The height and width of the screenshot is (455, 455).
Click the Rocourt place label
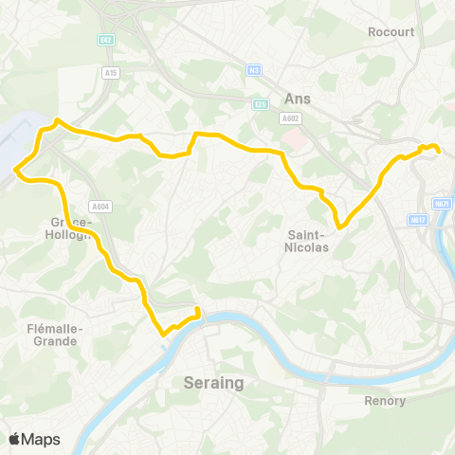391,31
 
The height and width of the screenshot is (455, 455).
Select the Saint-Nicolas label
306,241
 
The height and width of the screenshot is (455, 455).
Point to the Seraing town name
212,383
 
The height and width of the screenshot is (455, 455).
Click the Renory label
385,401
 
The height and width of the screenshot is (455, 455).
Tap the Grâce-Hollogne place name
66,229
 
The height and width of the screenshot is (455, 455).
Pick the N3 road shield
253,69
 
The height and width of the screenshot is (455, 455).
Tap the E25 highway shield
261,104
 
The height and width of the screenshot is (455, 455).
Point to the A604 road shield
100,206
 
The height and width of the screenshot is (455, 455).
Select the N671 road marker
442,204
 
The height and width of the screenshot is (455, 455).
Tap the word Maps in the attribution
41,440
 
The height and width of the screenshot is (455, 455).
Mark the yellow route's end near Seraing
197,309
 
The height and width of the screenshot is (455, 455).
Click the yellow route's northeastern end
437,148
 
